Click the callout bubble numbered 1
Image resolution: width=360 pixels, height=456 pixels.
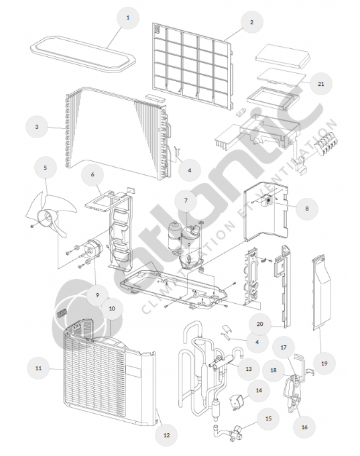tap(127, 17)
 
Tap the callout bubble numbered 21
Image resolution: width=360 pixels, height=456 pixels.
tap(320, 84)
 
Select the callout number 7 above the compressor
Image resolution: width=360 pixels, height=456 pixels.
tap(186, 201)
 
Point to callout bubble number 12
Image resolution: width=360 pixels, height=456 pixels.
tap(166, 435)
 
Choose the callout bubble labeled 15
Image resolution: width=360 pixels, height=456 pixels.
tap(268, 418)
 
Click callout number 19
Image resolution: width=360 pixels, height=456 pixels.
tap(324, 363)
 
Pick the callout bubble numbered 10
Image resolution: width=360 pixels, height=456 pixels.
tap(112, 308)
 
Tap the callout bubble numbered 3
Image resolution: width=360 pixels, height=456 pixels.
tap(37, 127)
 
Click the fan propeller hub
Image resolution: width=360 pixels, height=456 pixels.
tap(46, 218)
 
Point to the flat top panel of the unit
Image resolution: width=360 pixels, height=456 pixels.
tap(83, 54)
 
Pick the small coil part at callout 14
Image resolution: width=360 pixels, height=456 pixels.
tap(238, 402)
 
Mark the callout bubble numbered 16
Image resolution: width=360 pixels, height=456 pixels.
tap(304, 427)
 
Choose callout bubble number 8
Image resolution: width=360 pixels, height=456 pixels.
tap(307, 209)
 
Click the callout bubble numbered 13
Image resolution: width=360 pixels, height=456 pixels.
tap(248, 369)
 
